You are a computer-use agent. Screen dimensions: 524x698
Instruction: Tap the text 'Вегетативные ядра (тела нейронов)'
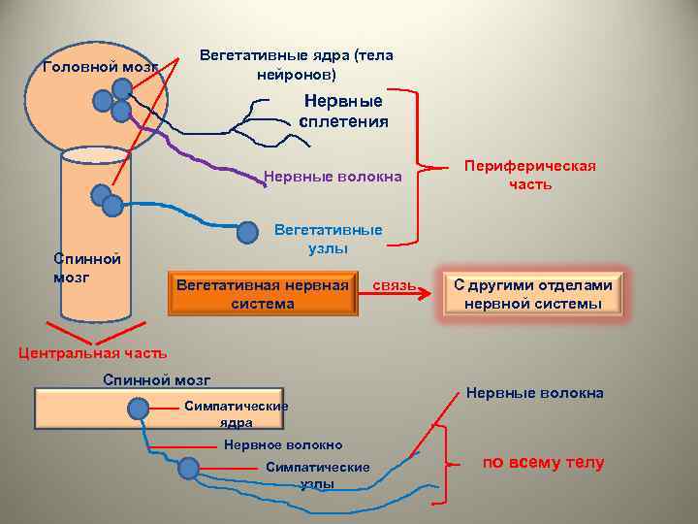point(296,65)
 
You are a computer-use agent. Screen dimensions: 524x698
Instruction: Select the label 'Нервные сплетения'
point(343,112)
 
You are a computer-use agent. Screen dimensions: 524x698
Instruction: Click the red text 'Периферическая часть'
point(530,175)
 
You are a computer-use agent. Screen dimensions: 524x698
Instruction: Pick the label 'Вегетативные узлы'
point(328,240)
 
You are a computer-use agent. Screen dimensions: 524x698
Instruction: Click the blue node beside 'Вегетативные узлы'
point(249,232)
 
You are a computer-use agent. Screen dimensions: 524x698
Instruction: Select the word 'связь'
point(395,285)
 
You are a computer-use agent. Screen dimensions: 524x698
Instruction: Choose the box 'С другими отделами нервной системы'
point(532,295)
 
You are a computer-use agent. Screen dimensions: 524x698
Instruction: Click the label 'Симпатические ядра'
point(236,414)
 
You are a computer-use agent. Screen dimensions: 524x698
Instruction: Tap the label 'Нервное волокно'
point(283,445)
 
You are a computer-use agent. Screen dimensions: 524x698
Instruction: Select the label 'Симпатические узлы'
point(318,475)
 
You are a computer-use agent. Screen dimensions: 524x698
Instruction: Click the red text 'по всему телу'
point(543,462)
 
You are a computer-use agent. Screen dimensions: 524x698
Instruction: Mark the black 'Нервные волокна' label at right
point(534,393)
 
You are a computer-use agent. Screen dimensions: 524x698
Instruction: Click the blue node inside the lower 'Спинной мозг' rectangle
point(139,409)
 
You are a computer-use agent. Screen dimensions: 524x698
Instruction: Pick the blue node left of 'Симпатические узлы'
point(189,469)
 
